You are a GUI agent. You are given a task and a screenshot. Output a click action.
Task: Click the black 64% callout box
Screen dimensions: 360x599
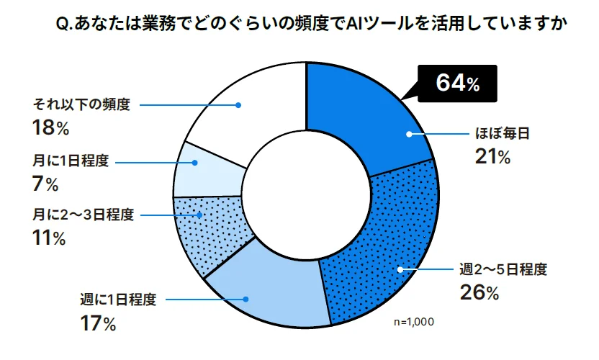(x=458, y=83)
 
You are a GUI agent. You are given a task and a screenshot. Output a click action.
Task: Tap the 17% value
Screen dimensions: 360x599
(x=98, y=324)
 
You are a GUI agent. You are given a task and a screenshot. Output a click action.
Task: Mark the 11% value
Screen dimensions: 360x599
(x=49, y=238)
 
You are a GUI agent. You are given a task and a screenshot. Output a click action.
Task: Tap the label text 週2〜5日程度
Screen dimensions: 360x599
(x=504, y=270)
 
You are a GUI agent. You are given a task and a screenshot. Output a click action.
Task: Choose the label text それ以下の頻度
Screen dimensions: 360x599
(x=81, y=104)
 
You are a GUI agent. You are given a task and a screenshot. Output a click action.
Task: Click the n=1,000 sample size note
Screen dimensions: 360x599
(x=414, y=322)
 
